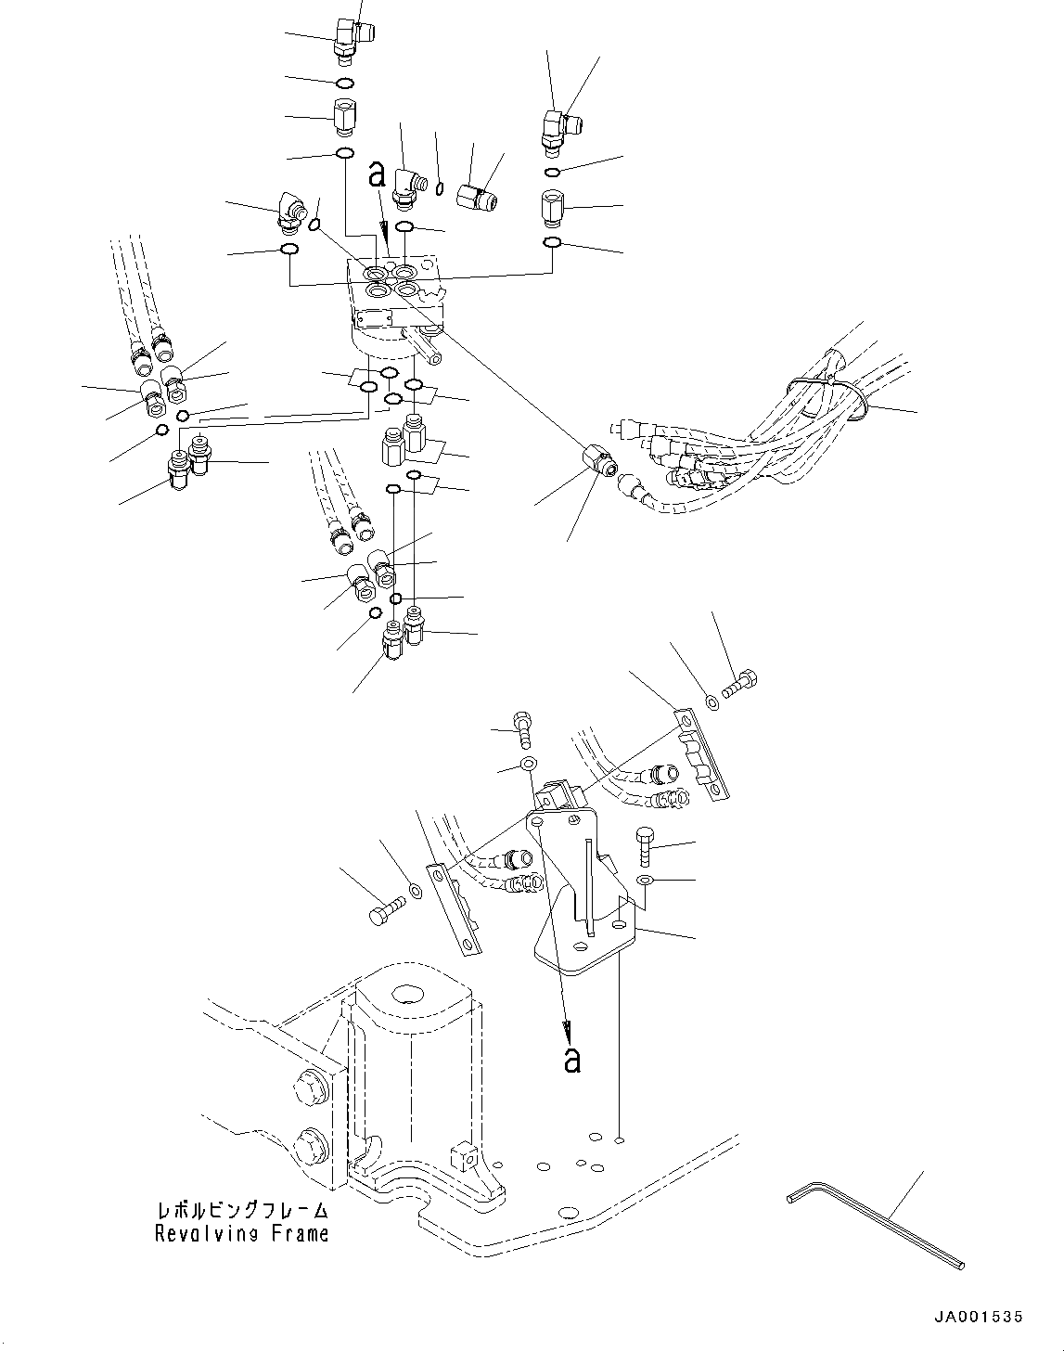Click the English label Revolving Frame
241,1234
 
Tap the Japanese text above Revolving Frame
242,1212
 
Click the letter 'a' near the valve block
377,174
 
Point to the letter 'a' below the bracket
572,1059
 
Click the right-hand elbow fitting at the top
557,126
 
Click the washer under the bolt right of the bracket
645,879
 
